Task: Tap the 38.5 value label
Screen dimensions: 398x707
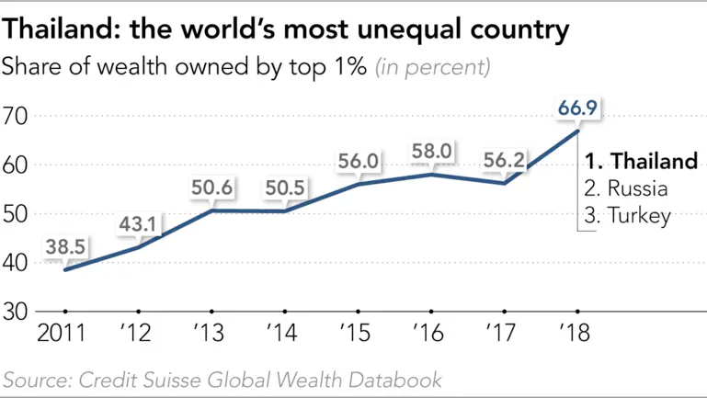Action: [x=65, y=246]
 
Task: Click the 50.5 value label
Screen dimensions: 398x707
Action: [x=287, y=188]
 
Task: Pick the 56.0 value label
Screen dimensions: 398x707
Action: [x=359, y=161]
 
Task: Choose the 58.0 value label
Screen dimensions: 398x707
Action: [x=432, y=150]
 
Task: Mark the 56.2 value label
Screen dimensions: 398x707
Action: [x=504, y=161]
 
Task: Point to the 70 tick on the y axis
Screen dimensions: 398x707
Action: [x=17, y=117]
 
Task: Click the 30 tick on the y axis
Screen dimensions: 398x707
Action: [x=17, y=311]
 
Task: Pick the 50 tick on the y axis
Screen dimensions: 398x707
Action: [x=17, y=214]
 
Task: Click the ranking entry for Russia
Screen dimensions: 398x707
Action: [x=625, y=189]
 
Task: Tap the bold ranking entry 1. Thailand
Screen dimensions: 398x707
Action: [x=641, y=162]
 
